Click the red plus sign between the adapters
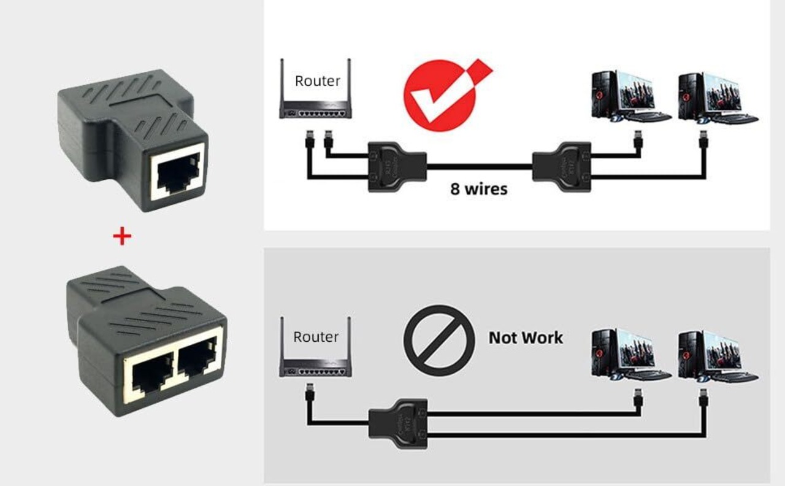point(122,236)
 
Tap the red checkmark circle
point(440,96)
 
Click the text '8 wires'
point(479,188)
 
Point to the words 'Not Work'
point(526,337)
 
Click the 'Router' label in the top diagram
point(317,81)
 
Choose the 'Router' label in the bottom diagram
point(316,336)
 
